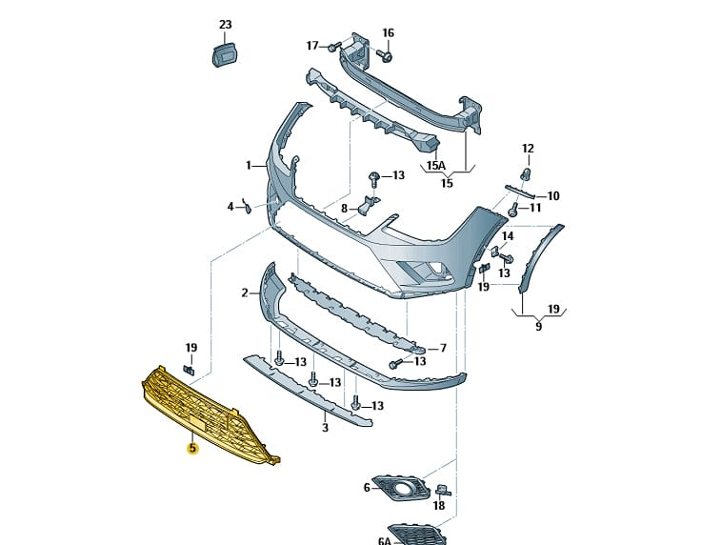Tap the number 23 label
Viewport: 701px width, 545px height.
tap(225, 24)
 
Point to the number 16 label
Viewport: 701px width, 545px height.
tap(388, 32)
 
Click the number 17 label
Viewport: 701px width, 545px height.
tap(312, 45)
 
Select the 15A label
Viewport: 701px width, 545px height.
tap(435, 165)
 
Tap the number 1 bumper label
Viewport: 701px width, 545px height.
tap(249, 165)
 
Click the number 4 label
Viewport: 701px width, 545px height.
tap(230, 206)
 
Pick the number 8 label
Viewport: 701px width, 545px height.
tap(344, 207)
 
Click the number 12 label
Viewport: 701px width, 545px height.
tap(528, 149)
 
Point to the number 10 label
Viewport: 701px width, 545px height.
tap(552, 196)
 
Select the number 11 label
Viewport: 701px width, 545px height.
tap(534, 208)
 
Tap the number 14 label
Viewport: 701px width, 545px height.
tap(508, 235)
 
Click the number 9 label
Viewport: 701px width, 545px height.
tap(538, 327)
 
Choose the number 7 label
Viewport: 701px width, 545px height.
tap(442, 348)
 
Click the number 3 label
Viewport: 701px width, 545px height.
tap(325, 429)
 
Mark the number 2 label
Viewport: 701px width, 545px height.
tap(245, 293)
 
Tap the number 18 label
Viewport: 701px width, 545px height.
tap(438, 506)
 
